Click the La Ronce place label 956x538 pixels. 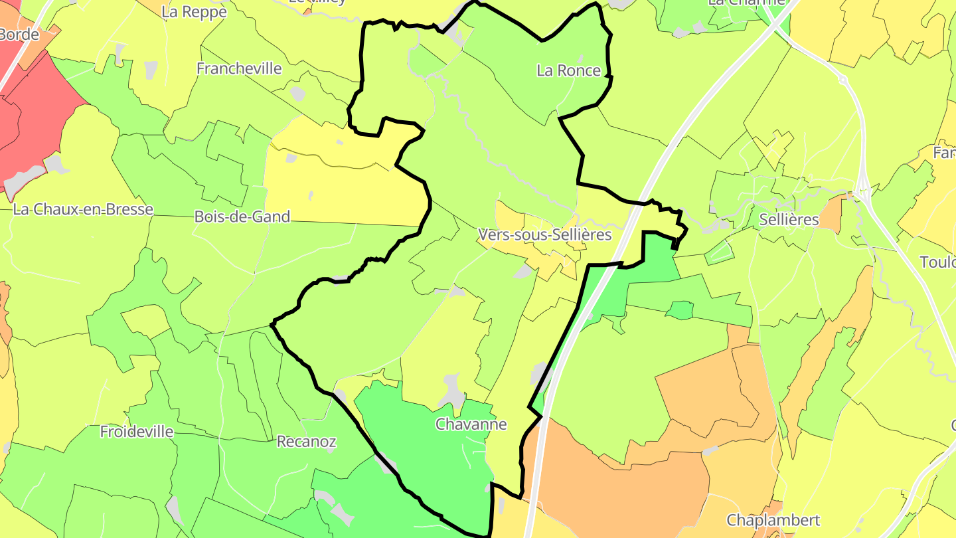point(568,70)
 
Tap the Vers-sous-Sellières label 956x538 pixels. point(544,235)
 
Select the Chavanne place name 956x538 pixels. point(471,424)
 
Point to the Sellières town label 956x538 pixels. point(789,220)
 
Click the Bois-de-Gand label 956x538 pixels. point(242,217)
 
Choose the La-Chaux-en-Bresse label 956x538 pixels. point(83,209)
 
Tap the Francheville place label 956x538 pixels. point(239,68)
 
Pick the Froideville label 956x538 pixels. point(137,432)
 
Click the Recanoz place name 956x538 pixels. point(307,441)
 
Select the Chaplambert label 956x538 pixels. point(773,520)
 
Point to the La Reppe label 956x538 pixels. point(194,12)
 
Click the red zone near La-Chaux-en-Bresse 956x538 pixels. point(40,120)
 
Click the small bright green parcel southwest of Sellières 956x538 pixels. point(679,310)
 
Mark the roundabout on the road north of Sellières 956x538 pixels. point(842,80)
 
